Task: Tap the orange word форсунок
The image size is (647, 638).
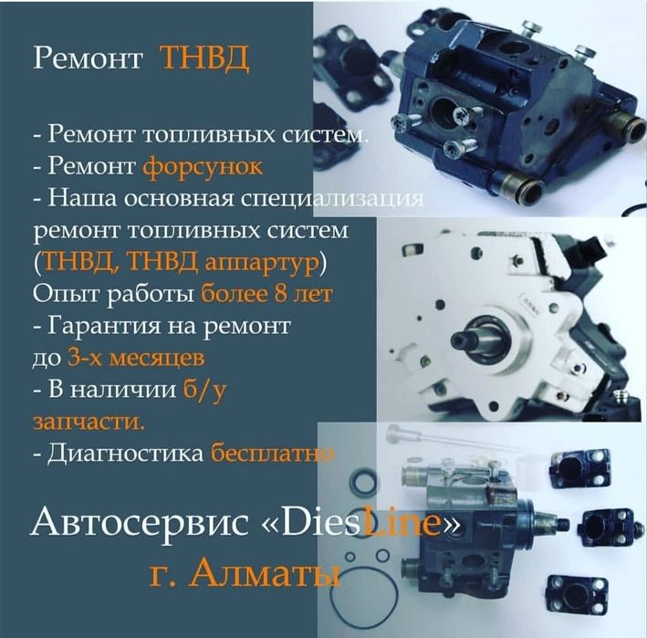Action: pos(203,167)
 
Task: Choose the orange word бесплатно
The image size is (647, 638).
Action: pos(270,452)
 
